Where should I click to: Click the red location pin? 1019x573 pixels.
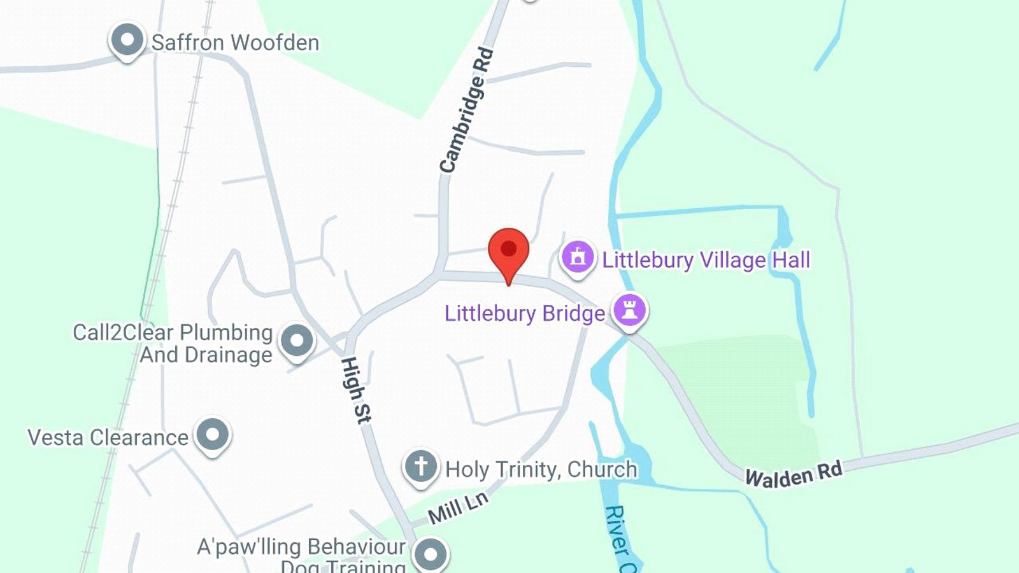click(x=508, y=251)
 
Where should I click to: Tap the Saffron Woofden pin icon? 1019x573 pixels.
click(x=127, y=40)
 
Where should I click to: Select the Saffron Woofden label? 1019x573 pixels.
click(x=235, y=43)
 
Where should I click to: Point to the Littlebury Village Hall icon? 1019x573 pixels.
click(x=578, y=257)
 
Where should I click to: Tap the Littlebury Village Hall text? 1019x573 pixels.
click(x=706, y=260)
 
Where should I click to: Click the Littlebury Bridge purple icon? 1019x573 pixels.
click(x=630, y=310)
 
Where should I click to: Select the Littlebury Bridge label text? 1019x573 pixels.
click(x=524, y=313)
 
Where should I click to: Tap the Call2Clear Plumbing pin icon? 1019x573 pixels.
click(x=297, y=341)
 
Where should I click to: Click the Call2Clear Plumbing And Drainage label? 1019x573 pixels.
click(x=173, y=343)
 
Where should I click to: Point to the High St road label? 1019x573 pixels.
click(x=355, y=390)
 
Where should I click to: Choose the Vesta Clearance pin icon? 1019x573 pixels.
click(x=213, y=435)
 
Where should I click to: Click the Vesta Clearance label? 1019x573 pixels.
click(x=108, y=437)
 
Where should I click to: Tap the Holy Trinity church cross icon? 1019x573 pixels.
click(x=420, y=467)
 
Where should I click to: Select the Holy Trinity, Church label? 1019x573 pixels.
click(x=541, y=469)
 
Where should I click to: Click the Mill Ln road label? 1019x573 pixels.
click(x=458, y=507)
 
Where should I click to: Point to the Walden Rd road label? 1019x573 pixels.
click(x=794, y=474)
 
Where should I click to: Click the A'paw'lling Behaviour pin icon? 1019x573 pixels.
click(x=431, y=553)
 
